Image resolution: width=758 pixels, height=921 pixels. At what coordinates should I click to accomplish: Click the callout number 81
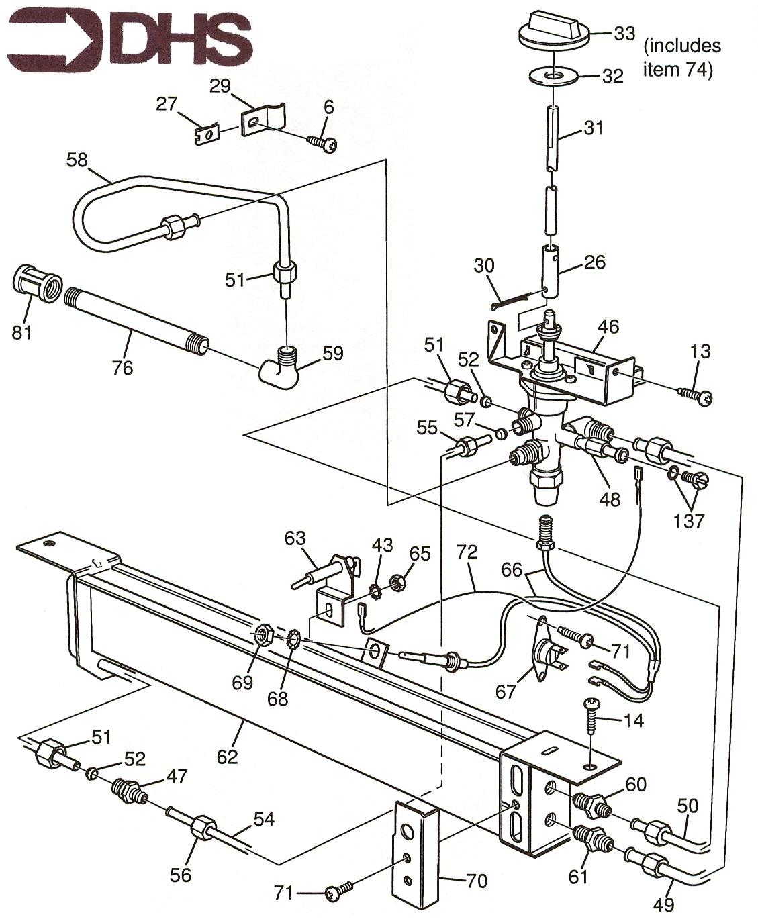click(22, 332)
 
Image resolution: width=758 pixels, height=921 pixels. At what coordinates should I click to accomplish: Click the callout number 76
click(123, 367)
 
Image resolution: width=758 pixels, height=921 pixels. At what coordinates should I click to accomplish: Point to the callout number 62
click(228, 757)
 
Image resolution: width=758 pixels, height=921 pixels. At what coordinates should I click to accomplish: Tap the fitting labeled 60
click(591, 804)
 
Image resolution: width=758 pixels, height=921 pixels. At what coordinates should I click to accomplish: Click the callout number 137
click(689, 521)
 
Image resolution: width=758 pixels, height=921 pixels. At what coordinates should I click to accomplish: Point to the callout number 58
click(78, 160)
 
